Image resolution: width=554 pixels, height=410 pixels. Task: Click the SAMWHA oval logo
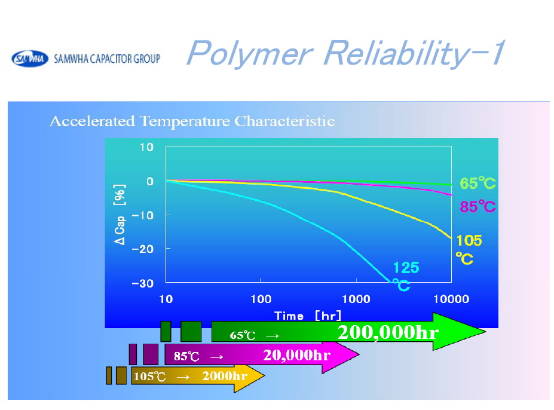click(x=30, y=59)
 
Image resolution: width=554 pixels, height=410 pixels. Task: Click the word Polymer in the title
click(x=249, y=53)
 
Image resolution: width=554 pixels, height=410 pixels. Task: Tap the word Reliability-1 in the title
click(x=414, y=53)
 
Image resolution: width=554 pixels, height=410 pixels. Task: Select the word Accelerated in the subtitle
click(x=92, y=121)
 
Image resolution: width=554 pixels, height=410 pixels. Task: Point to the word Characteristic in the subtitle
click(x=284, y=121)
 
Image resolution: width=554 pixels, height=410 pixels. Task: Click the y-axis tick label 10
click(x=146, y=147)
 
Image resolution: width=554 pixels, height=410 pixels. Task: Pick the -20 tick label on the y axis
click(x=143, y=249)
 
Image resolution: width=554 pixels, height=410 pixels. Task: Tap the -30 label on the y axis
click(x=143, y=283)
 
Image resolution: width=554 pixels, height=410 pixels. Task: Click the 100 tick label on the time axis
click(x=261, y=299)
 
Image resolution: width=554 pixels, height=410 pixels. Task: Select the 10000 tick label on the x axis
click(x=451, y=299)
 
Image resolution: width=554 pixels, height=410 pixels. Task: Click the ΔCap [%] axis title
click(x=120, y=215)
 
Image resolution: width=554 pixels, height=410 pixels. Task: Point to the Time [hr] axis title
click(x=308, y=316)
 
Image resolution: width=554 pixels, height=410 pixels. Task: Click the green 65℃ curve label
click(x=478, y=183)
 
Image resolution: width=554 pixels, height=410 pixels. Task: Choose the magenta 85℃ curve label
click(x=478, y=206)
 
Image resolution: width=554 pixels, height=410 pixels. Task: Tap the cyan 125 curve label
click(x=406, y=268)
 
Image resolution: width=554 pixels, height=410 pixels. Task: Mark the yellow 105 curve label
click(x=469, y=241)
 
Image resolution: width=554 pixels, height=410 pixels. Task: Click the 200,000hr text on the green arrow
click(x=388, y=332)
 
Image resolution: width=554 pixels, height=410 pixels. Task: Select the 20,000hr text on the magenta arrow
click(x=297, y=355)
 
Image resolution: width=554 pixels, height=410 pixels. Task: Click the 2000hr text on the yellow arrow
click(x=224, y=376)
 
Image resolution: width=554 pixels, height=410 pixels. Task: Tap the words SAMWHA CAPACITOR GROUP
click(x=107, y=59)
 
